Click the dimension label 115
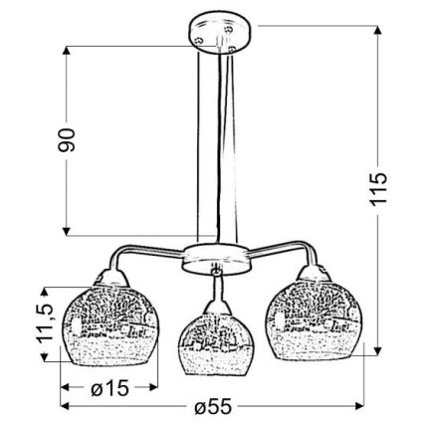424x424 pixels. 377,189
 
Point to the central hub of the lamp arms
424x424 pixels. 213,257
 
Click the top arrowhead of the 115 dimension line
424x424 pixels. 379,28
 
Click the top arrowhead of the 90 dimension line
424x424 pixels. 65,47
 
